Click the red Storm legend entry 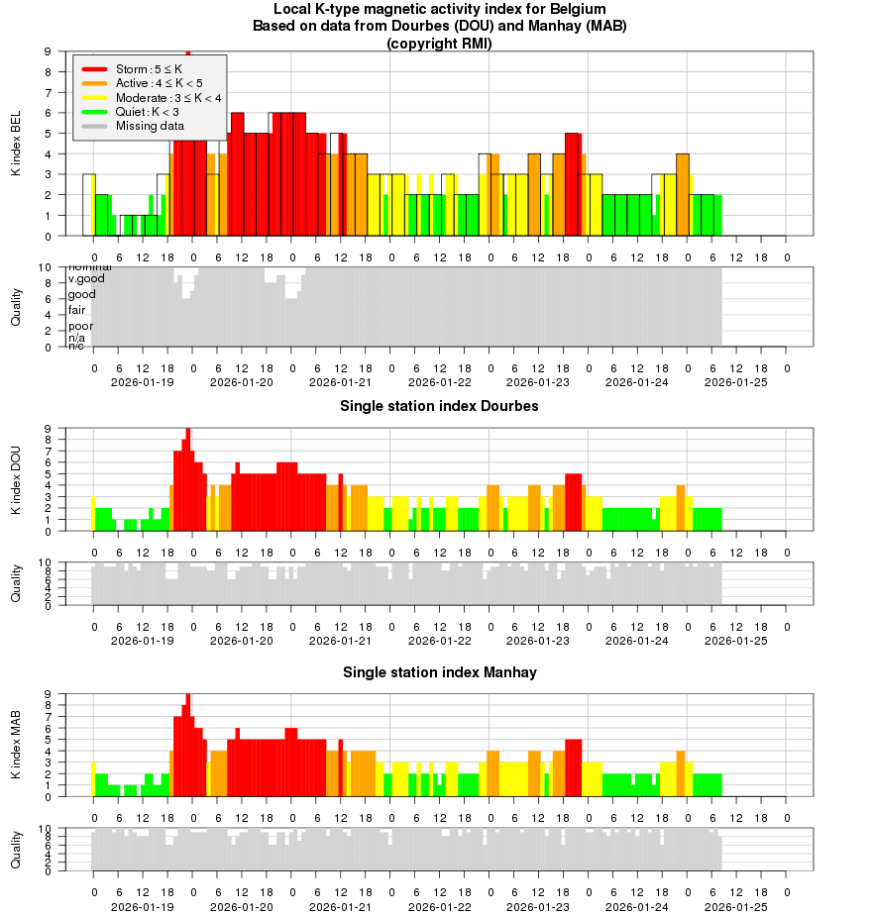tap(146, 69)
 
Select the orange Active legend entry tap(146, 83)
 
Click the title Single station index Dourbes tap(439, 406)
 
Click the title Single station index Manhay tap(439, 672)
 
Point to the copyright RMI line tap(439, 43)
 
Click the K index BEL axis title tap(16, 144)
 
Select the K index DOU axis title tap(16, 480)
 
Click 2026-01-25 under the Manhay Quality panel tap(735, 906)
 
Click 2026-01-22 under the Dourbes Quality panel tap(439, 641)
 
